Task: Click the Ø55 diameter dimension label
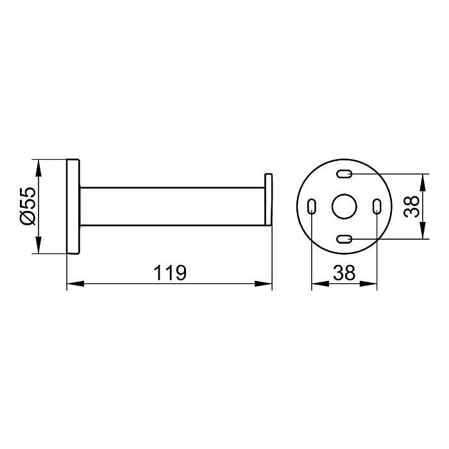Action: coord(28,206)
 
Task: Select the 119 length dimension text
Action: coord(170,273)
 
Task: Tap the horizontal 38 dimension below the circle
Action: coord(344,273)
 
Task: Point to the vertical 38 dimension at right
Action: coord(412,207)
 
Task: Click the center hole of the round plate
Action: coord(344,206)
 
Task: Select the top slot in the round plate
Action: coord(344,174)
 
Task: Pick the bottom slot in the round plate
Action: coord(344,239)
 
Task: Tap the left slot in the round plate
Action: coord(312,206)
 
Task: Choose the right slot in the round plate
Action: coord(377,206)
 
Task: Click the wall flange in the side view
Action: coord(73,206)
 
